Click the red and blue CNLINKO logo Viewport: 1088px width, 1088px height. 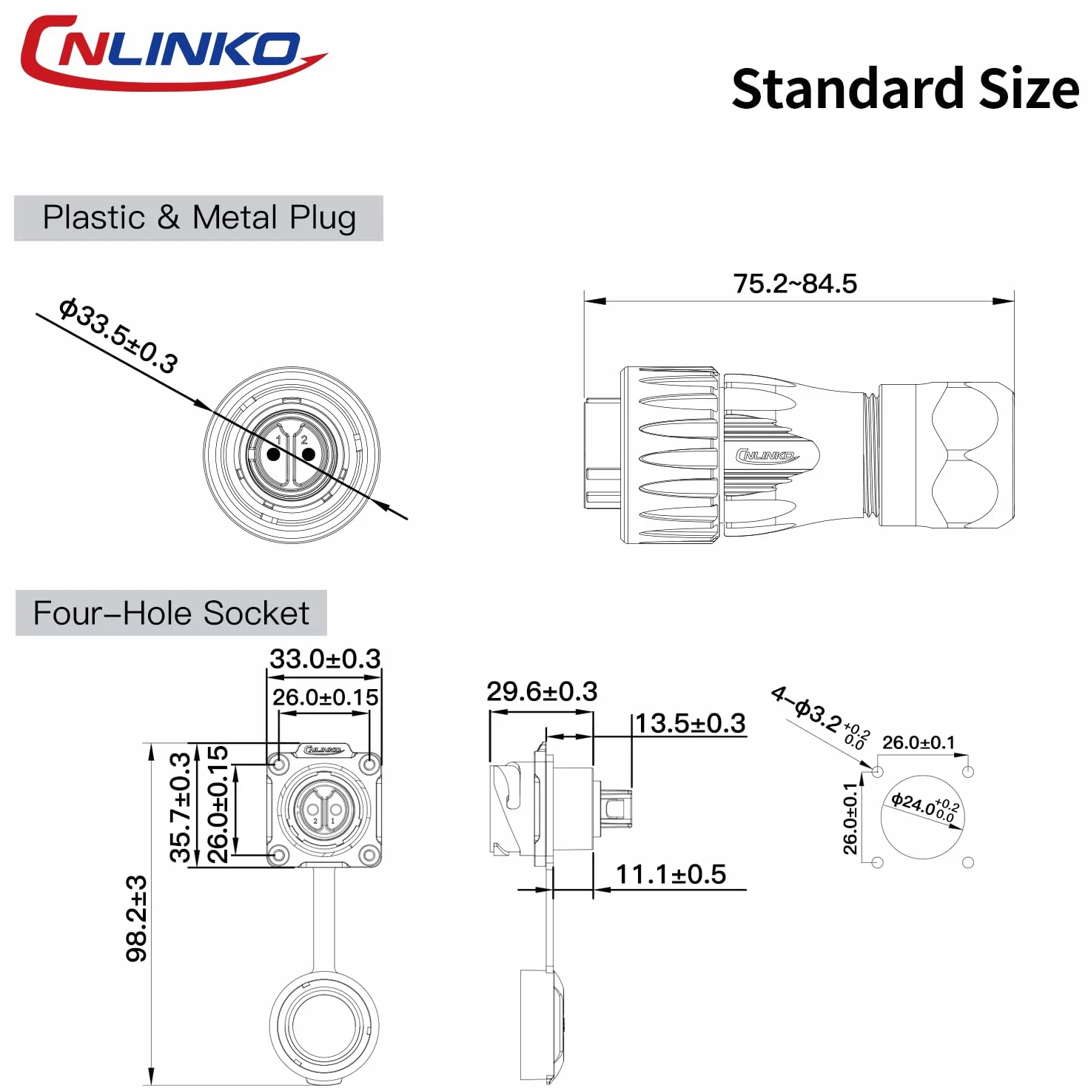coord(172,53)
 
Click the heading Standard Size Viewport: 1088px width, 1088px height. coord(905,89)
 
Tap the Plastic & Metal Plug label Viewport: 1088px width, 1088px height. coord(199,218)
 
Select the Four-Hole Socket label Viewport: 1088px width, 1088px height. coord(171,613)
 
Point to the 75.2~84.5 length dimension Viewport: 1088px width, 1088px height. coord(795,283)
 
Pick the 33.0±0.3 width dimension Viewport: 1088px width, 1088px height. coord(325,658)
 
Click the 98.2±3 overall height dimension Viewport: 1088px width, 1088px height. coord(137,919)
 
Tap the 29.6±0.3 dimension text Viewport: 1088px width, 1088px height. coord(542,691)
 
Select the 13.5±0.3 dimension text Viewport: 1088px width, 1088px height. coord(691,723)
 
